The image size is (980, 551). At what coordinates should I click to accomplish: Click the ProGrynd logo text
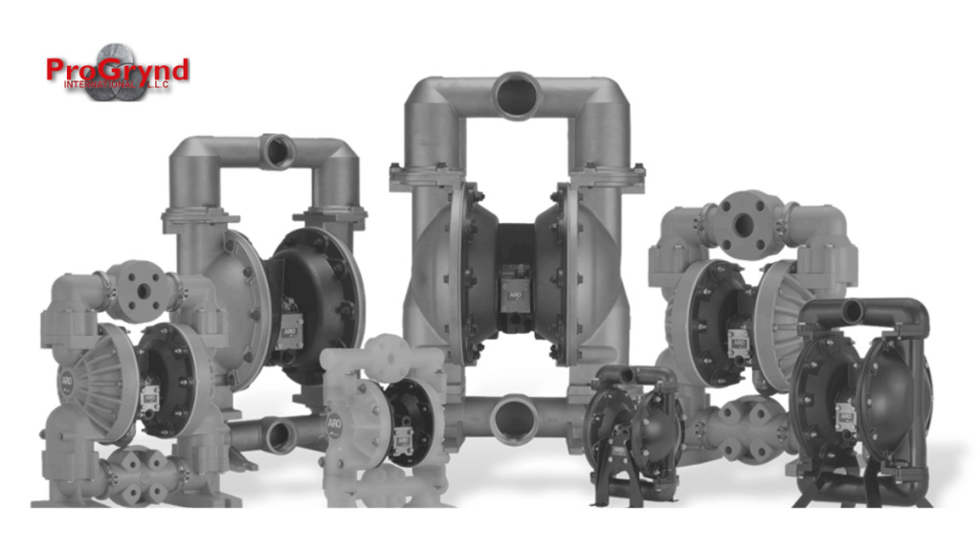[117, 71]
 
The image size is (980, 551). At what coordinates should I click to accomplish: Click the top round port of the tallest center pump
[518, 95]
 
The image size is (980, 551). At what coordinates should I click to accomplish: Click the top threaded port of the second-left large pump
[278, 151]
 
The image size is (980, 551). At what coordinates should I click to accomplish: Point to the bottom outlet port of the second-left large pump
[279, 436]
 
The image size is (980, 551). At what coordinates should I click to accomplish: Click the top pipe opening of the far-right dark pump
[852, 311]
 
